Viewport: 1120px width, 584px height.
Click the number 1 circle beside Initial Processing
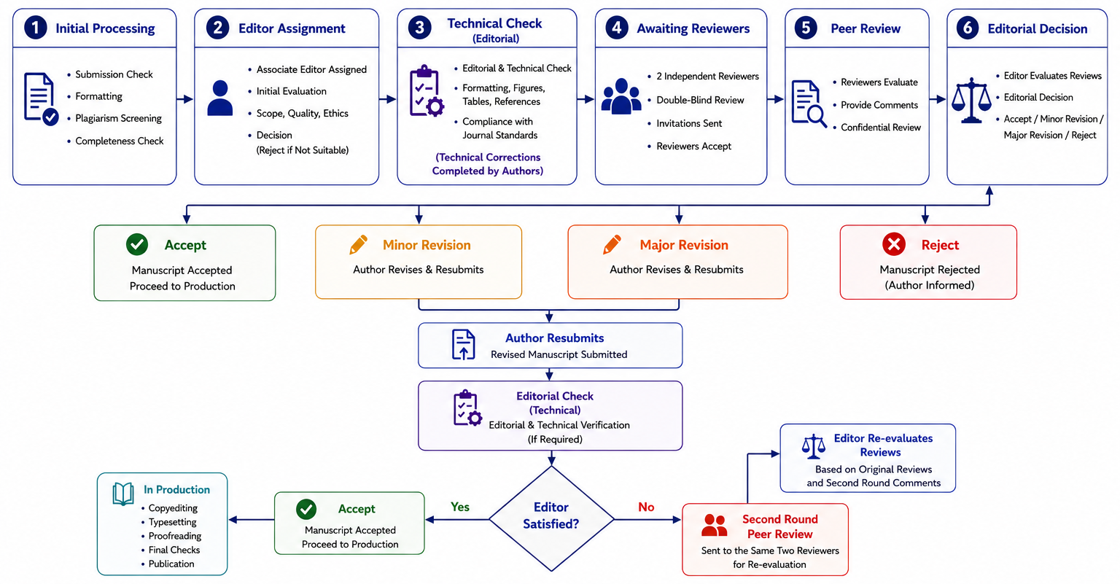coord(36,28)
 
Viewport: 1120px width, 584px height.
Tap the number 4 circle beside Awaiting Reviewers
coord(617,28)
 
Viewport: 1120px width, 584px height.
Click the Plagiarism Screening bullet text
coord(119,119)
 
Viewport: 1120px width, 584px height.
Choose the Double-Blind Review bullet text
coord(700,100)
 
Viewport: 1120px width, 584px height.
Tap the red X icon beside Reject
coord(894,244)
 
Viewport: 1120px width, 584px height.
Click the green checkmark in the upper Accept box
coord(137,244)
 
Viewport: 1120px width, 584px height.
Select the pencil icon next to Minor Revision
coord(359,244)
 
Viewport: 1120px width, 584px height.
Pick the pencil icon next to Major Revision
coord(612,244)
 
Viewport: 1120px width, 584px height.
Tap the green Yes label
coord(460,507)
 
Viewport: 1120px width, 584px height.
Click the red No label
coord(646,507)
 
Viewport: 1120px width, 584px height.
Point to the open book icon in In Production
coord(123,494)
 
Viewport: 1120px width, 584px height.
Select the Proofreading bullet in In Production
coord(175,536)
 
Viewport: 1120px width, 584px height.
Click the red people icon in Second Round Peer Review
coord(714,526)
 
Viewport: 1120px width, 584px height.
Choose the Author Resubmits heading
coord(554,338)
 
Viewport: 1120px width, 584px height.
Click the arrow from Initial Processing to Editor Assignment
coord(185,99)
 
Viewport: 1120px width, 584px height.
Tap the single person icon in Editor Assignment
coord(220,98)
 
